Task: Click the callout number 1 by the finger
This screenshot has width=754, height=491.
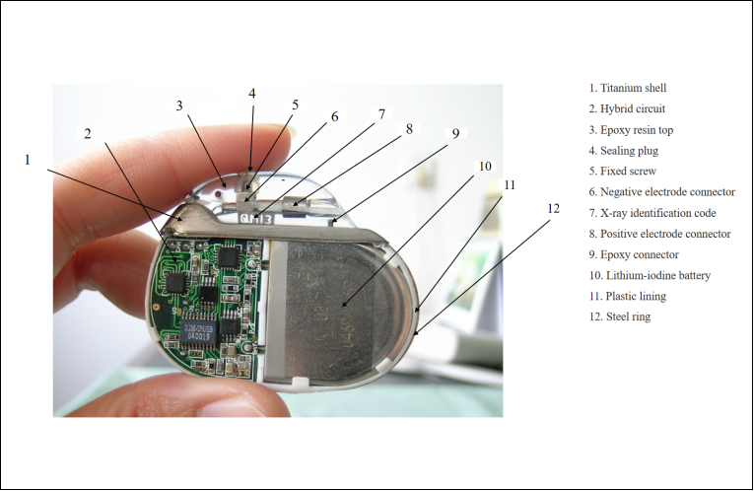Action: (x=28, y=160)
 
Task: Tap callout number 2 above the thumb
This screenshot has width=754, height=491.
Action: (x=87, y=134)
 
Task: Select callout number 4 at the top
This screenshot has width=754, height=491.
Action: (x=252, y=94)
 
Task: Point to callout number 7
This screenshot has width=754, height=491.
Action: (x=381, y=114)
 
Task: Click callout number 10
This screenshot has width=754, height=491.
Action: (x=485, y=166)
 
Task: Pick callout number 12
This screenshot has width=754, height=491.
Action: (x=554, y=208)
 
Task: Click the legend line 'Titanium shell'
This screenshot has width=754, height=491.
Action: (x=628, y=88)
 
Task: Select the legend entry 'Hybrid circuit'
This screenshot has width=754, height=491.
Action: (x=627, y=108)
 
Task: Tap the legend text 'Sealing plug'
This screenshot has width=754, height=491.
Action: (x=624, y=151)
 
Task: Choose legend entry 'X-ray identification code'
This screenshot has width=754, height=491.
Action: (x=652, y=213)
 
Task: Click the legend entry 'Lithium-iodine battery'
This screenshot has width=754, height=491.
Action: (x=650, y=275)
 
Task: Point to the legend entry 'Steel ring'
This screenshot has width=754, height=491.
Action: (x=620, y=316)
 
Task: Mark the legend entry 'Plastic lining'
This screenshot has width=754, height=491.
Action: (x=628, y=296)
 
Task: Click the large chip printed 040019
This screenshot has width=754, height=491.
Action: (x=198, y=331)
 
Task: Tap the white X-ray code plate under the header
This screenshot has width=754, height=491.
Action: (x=256, y=219)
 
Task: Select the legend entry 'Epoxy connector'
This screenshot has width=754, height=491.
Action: (x=634, y=255)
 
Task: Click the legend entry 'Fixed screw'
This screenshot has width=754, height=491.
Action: (x=623, y=172)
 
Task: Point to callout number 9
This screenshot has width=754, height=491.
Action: (x=455, y=133)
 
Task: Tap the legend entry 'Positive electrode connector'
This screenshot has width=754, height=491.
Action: (x=659, y=234)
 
